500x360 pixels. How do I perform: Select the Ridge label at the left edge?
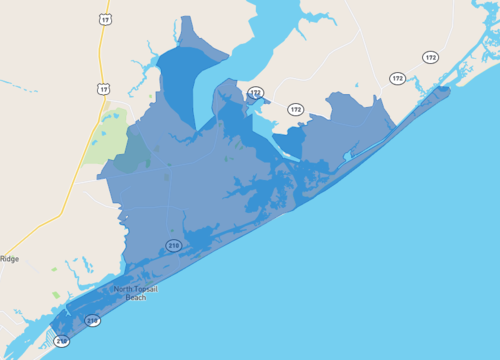coord(9,259)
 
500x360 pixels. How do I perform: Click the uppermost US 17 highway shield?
coord(105,19)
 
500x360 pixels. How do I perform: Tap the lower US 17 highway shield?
coord(103,89)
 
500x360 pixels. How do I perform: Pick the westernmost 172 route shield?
coord(256,93)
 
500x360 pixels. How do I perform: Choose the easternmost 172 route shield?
coord(430,57)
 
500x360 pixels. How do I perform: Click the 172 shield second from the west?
coord(295,109)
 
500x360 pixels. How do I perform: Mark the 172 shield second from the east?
coord(397,78)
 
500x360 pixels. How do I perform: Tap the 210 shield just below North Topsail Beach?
coord(92,320)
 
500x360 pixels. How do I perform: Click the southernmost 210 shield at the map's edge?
coord(62,341)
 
